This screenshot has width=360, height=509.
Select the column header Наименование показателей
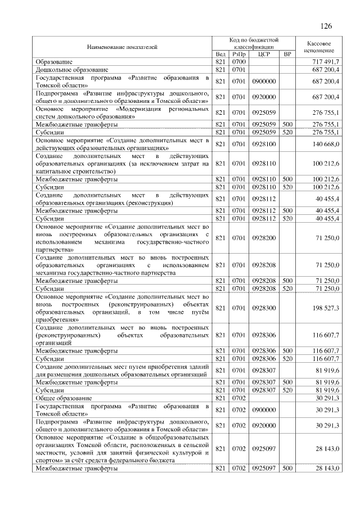[x=121, y=48]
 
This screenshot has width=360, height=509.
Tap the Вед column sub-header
[x=220, y=54]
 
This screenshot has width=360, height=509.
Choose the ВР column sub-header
[x=287, y=54]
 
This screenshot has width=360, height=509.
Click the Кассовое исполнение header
[x=319, y=47]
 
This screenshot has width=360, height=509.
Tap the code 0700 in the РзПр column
[x=238, y=61]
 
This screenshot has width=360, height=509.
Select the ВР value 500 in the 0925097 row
[x=287, y=468]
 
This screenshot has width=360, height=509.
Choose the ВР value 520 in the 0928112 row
[x=287, y=218]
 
